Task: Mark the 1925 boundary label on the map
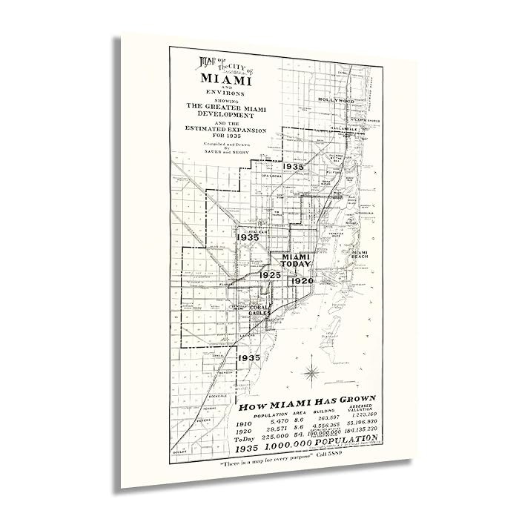[269, 275]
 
